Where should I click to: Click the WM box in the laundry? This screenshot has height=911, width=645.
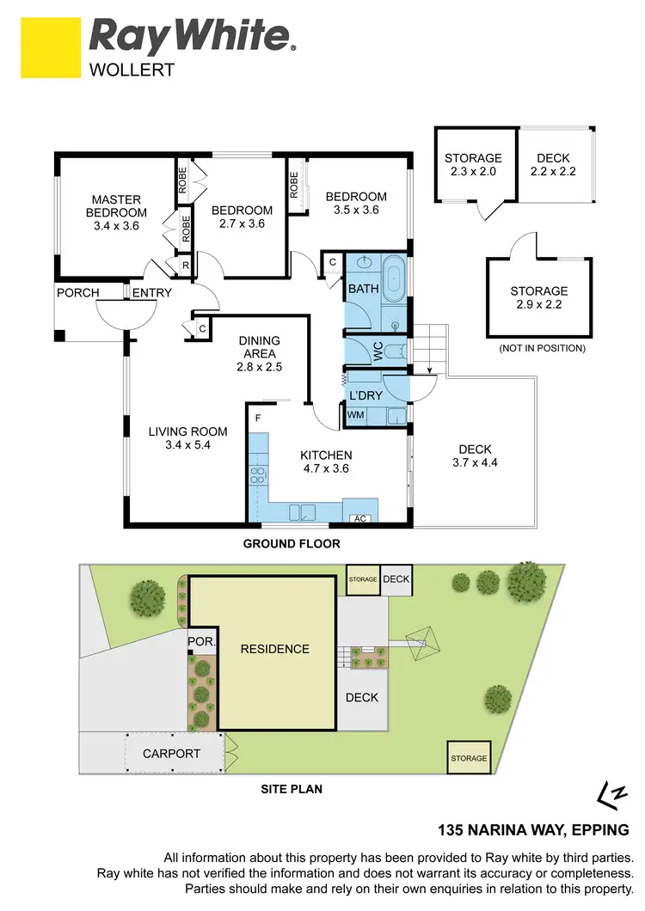(356, 415)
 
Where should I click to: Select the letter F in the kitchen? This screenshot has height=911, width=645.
(257, 419)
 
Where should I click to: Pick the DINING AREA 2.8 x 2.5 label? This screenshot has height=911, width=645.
(260, 353)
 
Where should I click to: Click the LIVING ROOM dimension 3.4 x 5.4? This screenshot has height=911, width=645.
(187, 446)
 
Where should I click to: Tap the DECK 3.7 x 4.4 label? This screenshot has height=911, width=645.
(475, 455)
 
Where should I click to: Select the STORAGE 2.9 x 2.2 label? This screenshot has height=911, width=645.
(538, 298)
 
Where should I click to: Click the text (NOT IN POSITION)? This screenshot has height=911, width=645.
(542, 348)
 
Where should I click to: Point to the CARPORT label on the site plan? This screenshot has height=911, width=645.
(171, 754)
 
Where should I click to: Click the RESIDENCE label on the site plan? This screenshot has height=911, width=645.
(274, 649)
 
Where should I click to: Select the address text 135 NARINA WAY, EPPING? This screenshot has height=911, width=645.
(533, 830)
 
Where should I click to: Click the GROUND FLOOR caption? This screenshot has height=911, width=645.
(292, 543)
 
